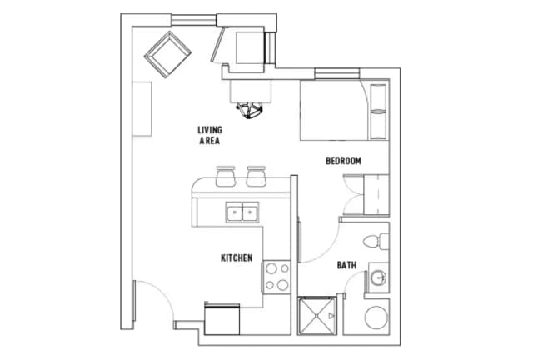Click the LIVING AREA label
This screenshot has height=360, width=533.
210,135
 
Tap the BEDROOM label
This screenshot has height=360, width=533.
343,161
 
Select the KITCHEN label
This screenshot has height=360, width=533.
237,258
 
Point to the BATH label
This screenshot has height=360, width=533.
346,265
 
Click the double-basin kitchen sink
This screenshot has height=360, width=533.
242,212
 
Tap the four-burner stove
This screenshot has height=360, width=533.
276,277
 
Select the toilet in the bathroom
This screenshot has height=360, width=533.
376,241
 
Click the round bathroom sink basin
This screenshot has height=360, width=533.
378,277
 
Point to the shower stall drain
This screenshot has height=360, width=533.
316,316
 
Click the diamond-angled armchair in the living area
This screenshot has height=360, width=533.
167,54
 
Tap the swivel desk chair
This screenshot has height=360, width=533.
250,110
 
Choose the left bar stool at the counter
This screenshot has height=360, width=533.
226,176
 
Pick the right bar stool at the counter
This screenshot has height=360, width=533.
256,176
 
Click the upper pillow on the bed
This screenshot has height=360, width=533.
378,97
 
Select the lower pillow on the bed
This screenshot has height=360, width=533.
378,126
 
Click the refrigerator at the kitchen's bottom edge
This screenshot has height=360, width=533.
222,319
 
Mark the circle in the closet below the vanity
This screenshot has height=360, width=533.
376,317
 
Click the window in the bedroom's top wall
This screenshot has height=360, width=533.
336,73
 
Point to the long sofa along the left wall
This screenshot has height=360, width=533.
142,109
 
